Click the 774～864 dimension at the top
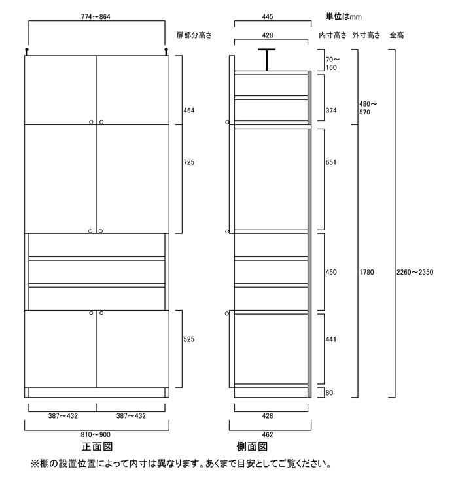pyautogui.click(x=96, y=16)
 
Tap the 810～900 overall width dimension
pyautogui.click(x=96, y=434)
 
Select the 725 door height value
pyautogui.click(x=189, y=162)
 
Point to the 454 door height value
pyautogui.click(x=189, y=111)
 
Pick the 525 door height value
pyautogui.click(x=189, y=339)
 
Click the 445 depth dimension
pyautogui.click(x=268, y=16)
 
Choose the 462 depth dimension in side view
pyautogui.click(x=268, y=434)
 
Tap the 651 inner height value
pyautogui.click(x=331, y=162)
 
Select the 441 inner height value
pyautogui.click(x=331, y=339)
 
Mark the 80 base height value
pyautogui.click(x=329, y=392)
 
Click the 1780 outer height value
pyautogui.click(x=366, y=272)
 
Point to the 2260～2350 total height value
pyautogui.click(x=415, y=272)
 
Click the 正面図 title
pyautogui.click(x=97, y=447)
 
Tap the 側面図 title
pyautogui.click(x=252, y=447)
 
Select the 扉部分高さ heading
pyautogui.click(x=194, y=35)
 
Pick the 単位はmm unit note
pyautogui.click(x=343, y=16)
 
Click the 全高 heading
pyautogui.click(x=396, y=35)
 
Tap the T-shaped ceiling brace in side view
pyautogui.click(x=267, y=60)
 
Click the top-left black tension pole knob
pyautogui.click(x=27, y=51)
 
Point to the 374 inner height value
pyautogui.click(x=331, y=111)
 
